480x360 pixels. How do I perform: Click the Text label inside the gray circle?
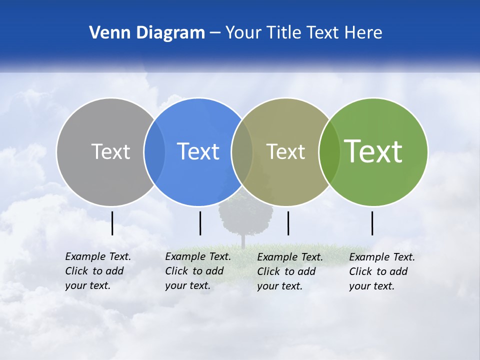(x=110, y=151)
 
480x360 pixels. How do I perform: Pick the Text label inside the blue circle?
(x=198, y=151)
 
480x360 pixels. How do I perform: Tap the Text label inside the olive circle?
(x=285, y=151)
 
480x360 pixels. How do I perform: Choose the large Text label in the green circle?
(x=373, y=151)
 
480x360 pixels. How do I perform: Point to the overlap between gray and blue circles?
(x=154, y=151)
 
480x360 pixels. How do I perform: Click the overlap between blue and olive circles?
(x=242, y=151)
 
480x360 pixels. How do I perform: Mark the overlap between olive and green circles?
(x=329, y=151)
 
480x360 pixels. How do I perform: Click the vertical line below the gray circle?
(x=112, y=223)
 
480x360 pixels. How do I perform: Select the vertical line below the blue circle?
(x=200, y=223)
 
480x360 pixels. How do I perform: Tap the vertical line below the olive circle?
(x=288, y=223)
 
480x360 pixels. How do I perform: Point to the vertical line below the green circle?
(x=372, y=223)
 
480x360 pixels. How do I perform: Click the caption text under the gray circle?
(x=97, y=271)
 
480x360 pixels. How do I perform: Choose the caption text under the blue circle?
(x=197, y=271)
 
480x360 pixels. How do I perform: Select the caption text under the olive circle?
(x=289, y=271)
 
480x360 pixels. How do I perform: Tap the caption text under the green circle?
(x=381, y=271)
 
